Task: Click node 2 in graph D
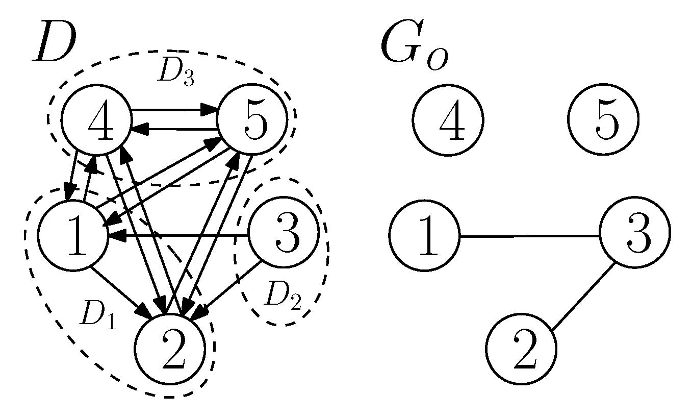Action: point(171,349)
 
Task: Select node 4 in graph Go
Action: point(447,120)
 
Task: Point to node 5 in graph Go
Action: point(603,120)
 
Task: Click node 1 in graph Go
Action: point(424,235)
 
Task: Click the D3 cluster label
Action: point(175,73)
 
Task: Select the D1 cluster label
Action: point(97,317)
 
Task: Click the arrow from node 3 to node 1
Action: point(178,235)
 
